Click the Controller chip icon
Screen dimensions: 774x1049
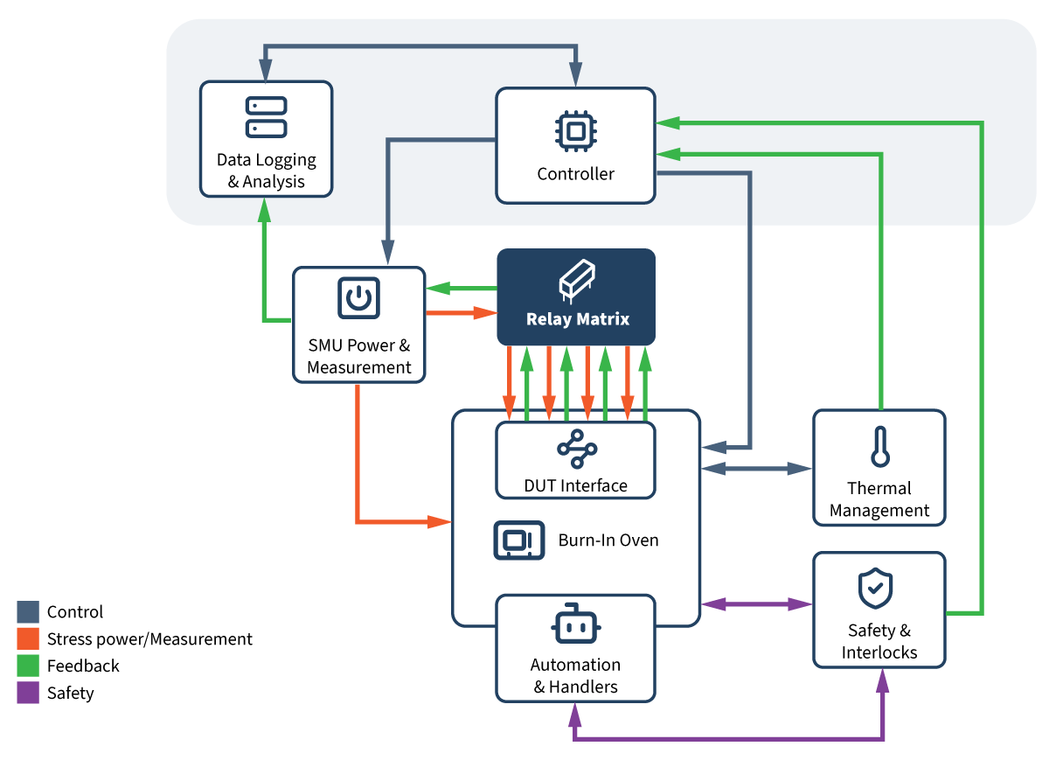575,131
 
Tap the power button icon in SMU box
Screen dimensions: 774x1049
358,298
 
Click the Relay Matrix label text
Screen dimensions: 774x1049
577,319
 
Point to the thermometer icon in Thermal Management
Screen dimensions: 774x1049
879,446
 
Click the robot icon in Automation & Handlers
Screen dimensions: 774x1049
576,624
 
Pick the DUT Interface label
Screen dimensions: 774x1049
575,485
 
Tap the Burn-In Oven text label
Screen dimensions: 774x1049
608,540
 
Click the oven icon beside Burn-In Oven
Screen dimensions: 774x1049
518,540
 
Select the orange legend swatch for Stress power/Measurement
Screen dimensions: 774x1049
28,639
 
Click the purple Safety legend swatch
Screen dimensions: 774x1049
28,694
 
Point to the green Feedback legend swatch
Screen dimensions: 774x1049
28,666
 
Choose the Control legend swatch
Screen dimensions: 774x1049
28,612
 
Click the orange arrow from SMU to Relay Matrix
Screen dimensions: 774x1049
461,312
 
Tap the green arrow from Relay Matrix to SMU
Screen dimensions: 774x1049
461,288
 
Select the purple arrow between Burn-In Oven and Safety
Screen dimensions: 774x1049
757,603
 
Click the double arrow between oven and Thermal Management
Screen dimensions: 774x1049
757,469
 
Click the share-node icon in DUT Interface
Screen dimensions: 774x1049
576,450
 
